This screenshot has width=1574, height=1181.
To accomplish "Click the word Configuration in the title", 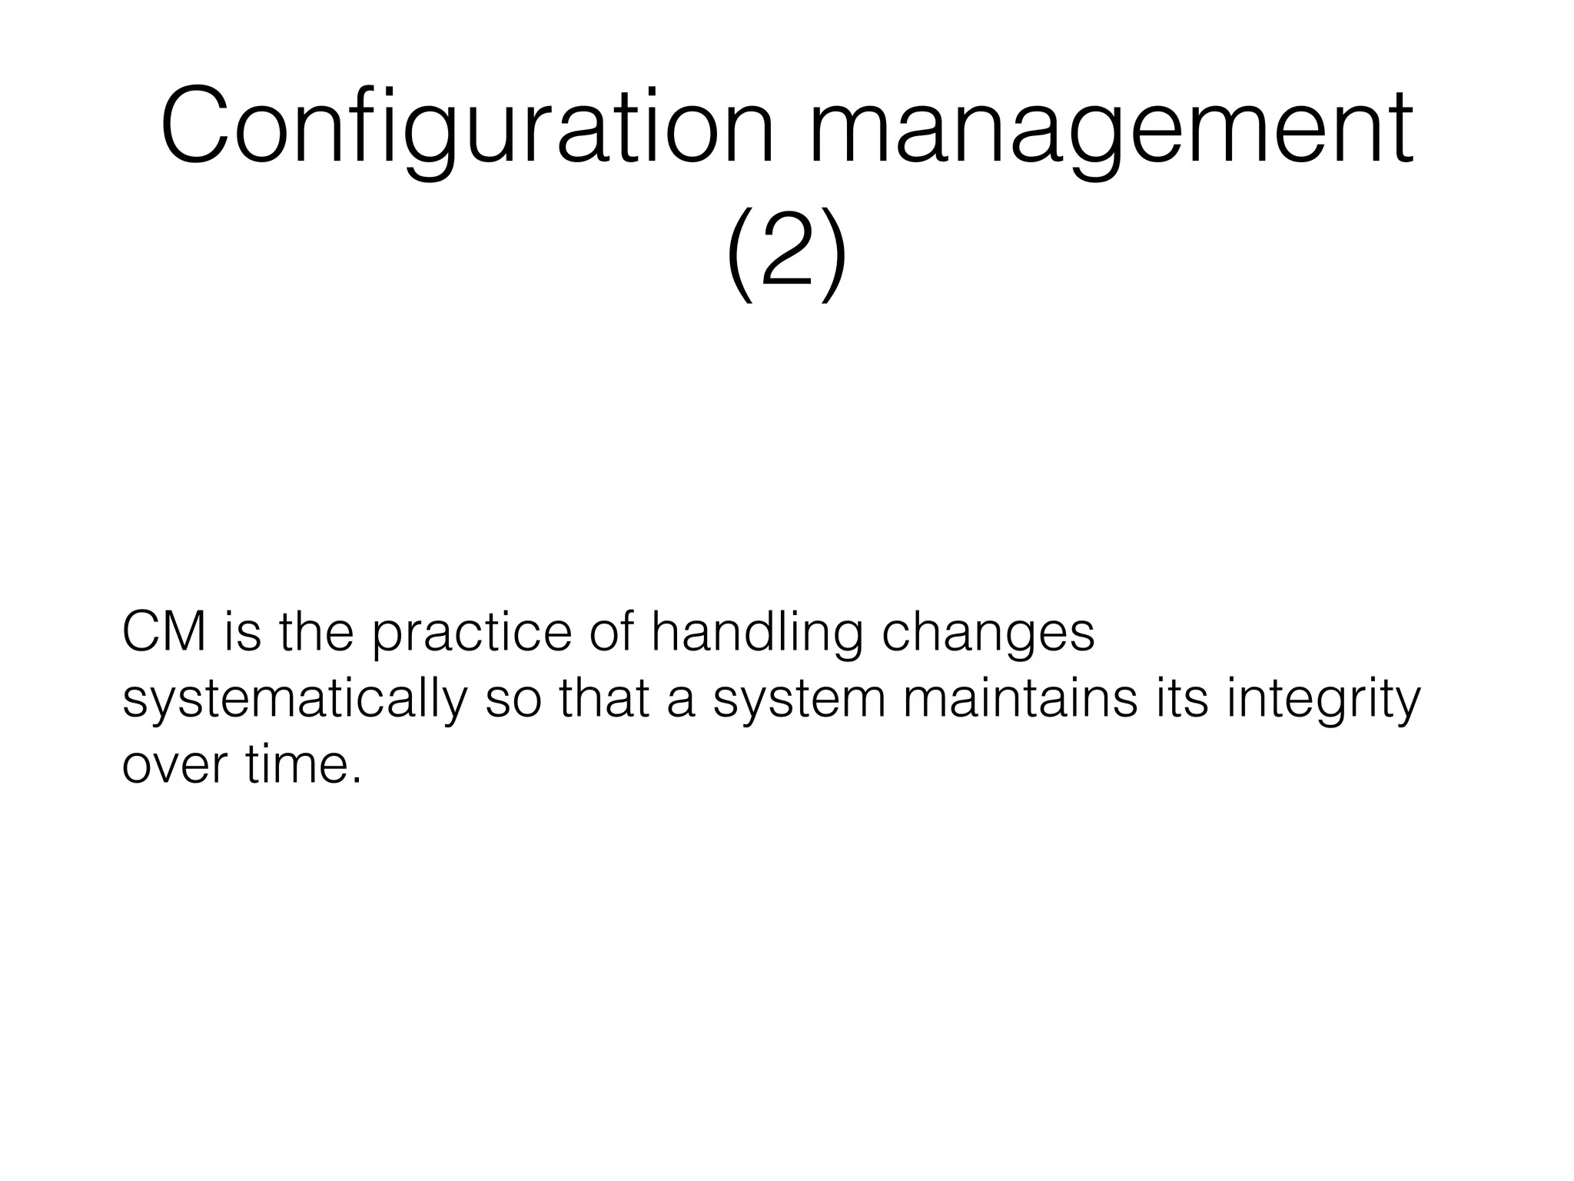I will pyautogui.click(x=467, y=127).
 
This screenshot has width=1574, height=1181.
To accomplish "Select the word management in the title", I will pyautogui.click(x=1110, y=127).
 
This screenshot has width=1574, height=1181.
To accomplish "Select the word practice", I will pyautogui.click(x=472, y=635).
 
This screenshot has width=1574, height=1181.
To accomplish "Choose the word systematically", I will pyautogui.click(x=294, y=701).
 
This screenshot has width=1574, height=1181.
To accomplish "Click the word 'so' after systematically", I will pyautogui.click(x=513, y=701).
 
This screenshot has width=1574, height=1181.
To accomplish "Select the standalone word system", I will pyautogui.click(x=799, y=701).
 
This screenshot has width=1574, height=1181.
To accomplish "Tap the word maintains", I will pyautogui.click(x=1020, y=700).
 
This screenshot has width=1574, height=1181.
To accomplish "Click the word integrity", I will pyautogui.click(x=1323, y=701).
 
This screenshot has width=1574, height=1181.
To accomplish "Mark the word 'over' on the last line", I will pyautogui.click(x=175, y=766).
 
